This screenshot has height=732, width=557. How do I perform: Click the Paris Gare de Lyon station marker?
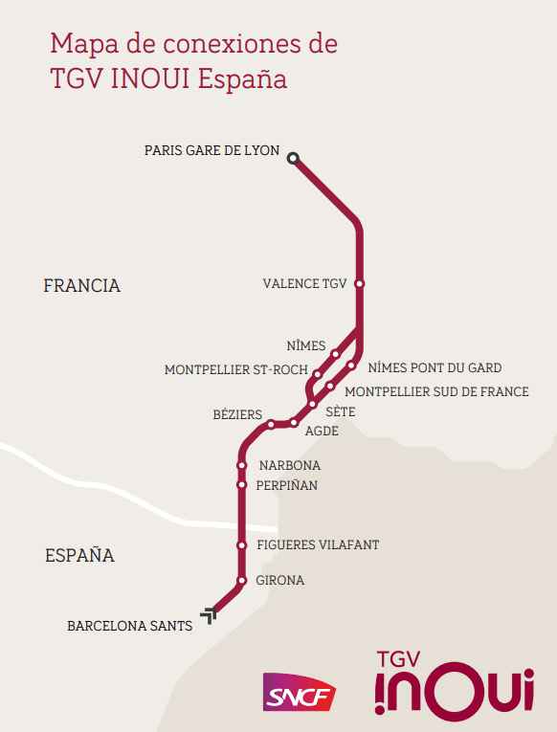(294, 158)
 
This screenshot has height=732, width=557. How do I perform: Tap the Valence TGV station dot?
(359, 283)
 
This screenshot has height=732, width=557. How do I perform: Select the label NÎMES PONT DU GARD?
(434, 367)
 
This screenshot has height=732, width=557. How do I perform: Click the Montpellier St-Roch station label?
(235, 369)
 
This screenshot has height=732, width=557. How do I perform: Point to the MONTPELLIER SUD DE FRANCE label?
(436, 391)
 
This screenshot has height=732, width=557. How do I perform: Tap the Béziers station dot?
(272, 424)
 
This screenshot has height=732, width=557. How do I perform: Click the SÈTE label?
(341, 411)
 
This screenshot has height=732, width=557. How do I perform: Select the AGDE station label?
(322, 432)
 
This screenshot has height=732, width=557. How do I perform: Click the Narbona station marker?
(241, 466)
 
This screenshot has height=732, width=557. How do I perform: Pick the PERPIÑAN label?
(287, 485)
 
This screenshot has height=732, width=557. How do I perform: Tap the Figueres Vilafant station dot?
(241, 545)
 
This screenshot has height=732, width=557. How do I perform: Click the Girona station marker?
(241, 581)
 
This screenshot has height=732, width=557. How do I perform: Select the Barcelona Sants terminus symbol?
(209, 613)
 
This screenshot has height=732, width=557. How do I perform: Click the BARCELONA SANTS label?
(129, 626)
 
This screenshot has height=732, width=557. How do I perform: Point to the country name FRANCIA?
(82, 285)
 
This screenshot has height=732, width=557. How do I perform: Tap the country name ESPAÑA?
(79, 555)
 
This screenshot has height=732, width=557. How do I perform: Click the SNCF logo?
(300, 693)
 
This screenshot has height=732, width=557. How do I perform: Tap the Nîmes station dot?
(335, 354)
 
